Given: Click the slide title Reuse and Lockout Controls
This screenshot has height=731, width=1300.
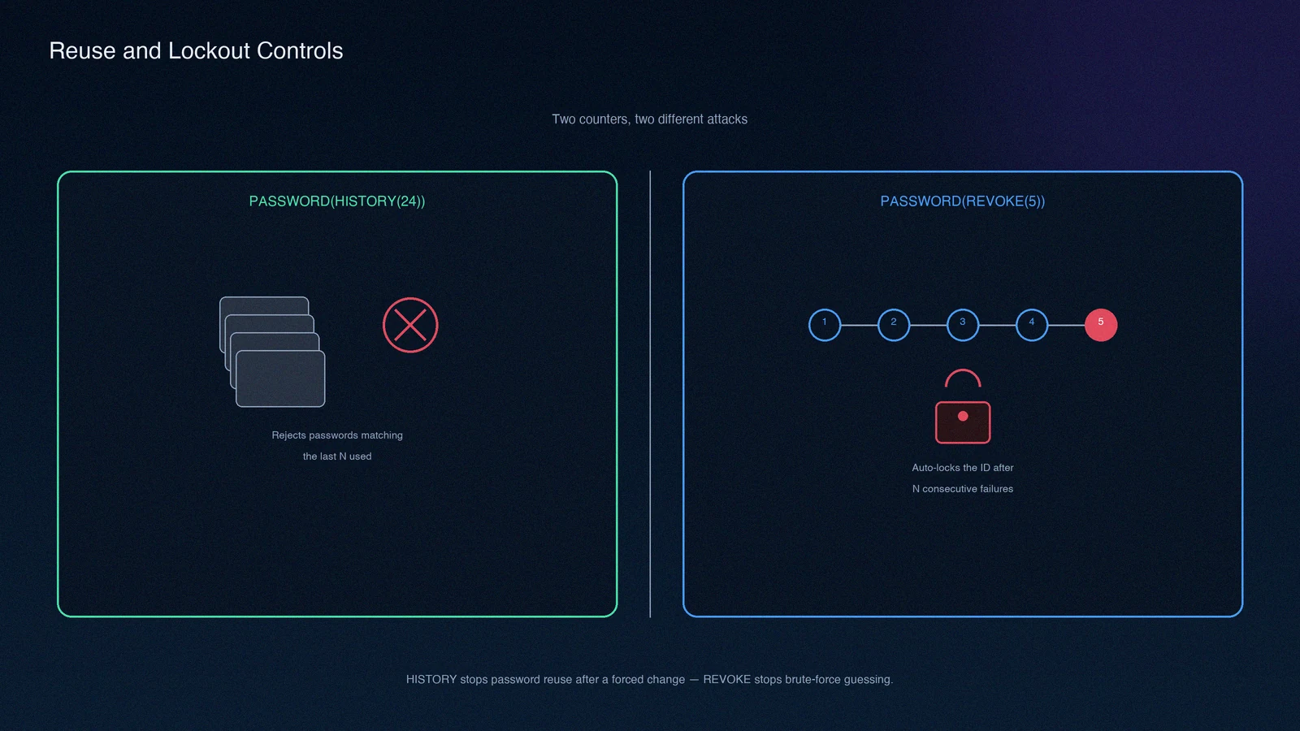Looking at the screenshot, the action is (x=196, y=51).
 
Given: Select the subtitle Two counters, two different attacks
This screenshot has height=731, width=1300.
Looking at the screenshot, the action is (x=649, y=119).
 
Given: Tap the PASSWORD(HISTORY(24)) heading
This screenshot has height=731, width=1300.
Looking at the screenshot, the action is (x=337, y=201).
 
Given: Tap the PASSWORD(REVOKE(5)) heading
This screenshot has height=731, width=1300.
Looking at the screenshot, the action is (x=963, y=201).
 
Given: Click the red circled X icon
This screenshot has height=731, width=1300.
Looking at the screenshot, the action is (x=410, y=325).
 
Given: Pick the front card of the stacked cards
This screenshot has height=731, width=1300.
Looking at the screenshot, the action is (x=280, y=378).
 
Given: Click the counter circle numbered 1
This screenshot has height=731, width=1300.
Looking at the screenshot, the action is (x=825, y=325).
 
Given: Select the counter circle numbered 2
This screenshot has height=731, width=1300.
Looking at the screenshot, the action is (x=894, y=325).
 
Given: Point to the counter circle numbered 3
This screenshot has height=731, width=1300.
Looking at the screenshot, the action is (x=963, y=325).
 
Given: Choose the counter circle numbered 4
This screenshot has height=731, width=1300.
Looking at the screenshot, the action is (x=1032, y=325).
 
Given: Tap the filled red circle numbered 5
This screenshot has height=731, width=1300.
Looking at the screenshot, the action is (x=1101, y=325).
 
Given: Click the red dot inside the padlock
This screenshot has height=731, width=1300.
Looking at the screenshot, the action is (x=963, y=416).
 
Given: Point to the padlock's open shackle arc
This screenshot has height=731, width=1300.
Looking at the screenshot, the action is (x=963, y=370).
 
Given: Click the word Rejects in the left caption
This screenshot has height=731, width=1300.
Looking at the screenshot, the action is (x=288, y=435).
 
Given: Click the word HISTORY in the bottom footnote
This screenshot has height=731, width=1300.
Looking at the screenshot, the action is (x=431, y=679).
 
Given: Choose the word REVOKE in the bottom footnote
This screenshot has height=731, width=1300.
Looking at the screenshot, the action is (x=726, y=679).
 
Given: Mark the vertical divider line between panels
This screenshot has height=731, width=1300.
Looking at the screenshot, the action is (x=650, y=394).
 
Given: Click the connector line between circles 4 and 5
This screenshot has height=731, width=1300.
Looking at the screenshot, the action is (x=1067, y=325).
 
